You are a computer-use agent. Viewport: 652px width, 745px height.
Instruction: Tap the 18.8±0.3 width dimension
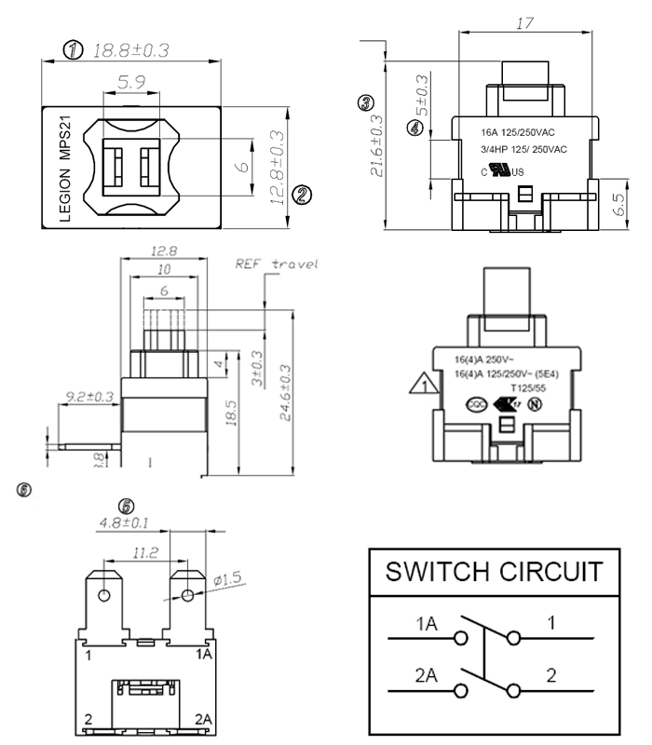pos(129,50)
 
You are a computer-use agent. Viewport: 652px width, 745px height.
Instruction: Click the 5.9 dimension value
pos(131,83)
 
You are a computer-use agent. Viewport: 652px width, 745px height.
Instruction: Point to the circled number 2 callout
pos(302,194)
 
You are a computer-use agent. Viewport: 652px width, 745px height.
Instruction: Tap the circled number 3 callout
pos(366,103)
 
